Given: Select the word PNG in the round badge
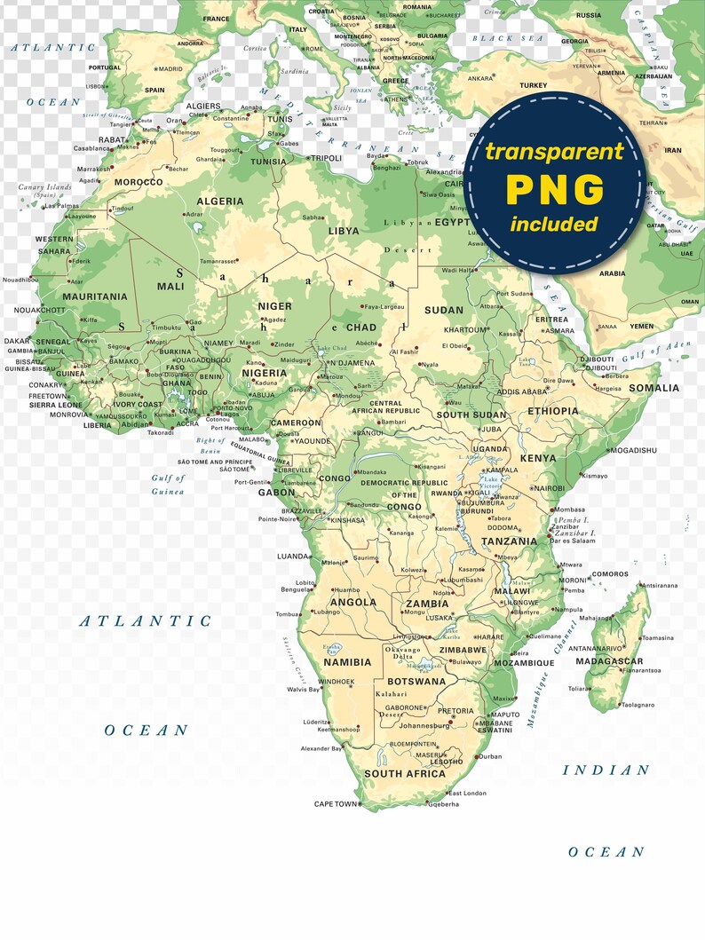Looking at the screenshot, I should (x=555, y=189).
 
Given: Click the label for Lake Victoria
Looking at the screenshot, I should (x=491, y=484).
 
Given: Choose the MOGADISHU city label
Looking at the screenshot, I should (x=634, y=450).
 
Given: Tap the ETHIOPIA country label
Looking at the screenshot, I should (x=552, y=411).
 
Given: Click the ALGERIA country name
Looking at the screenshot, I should (x=219, y=201).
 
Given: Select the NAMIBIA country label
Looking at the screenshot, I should (x=347, y=662).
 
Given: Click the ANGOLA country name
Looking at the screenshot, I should (x=352, y=602).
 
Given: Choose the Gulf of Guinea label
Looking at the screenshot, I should (x=168, y=485).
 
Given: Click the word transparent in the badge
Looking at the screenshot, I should (x=554, y=152).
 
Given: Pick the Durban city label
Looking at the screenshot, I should (x=490, y=756).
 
